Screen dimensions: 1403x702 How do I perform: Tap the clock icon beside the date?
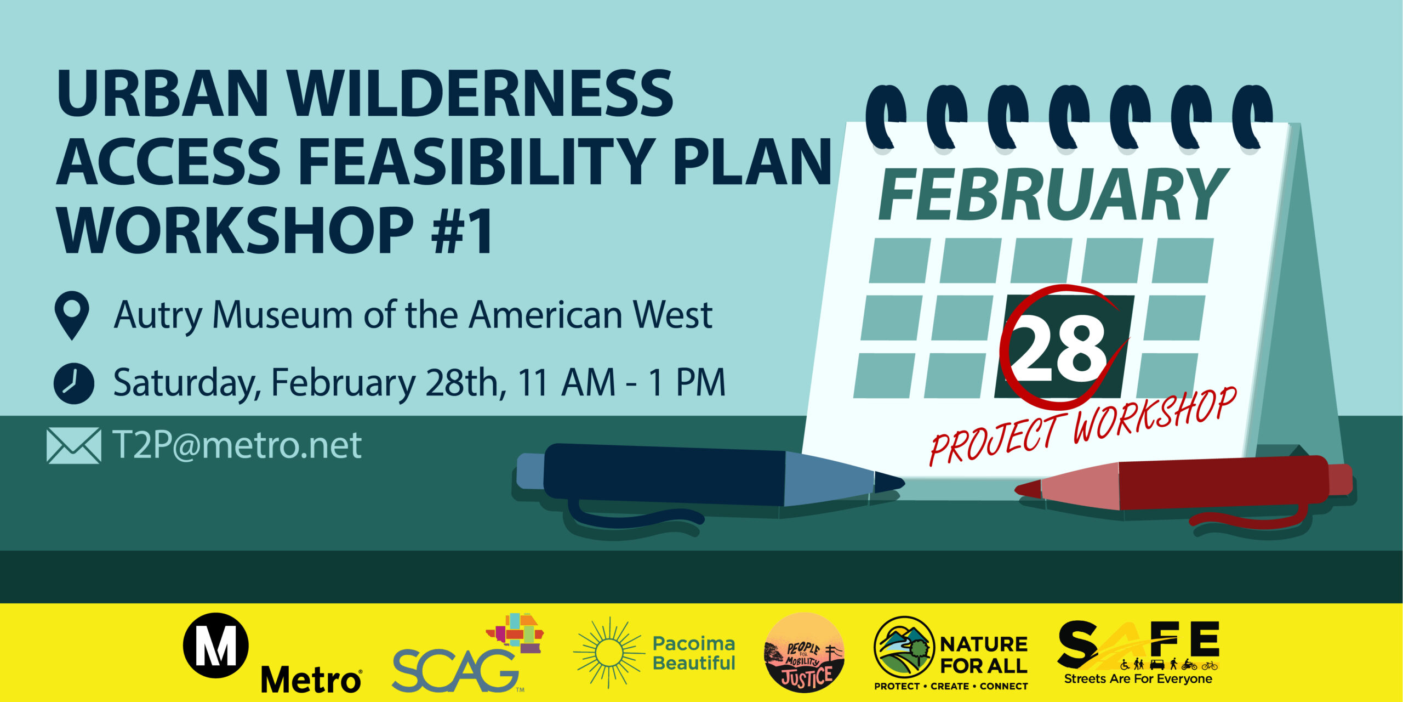[x=73, y=383]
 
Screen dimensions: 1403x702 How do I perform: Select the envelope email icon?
[x=74, y=445]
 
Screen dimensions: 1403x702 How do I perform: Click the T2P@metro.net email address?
[x=237, y=445]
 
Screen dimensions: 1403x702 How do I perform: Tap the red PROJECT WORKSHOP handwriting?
[x=1083, y=426]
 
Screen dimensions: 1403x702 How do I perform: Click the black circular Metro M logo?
[x=215, y=646]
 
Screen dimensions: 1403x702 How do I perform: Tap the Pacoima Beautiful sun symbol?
[x=608, y=653]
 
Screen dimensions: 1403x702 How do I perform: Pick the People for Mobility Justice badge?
[x=804, y=653]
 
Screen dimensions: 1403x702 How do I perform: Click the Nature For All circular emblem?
[x=904, y=647]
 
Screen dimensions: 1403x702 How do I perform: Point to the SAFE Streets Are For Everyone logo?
[x=1139, y=653]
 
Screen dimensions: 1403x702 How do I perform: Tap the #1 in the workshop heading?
[x=461, y=230]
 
